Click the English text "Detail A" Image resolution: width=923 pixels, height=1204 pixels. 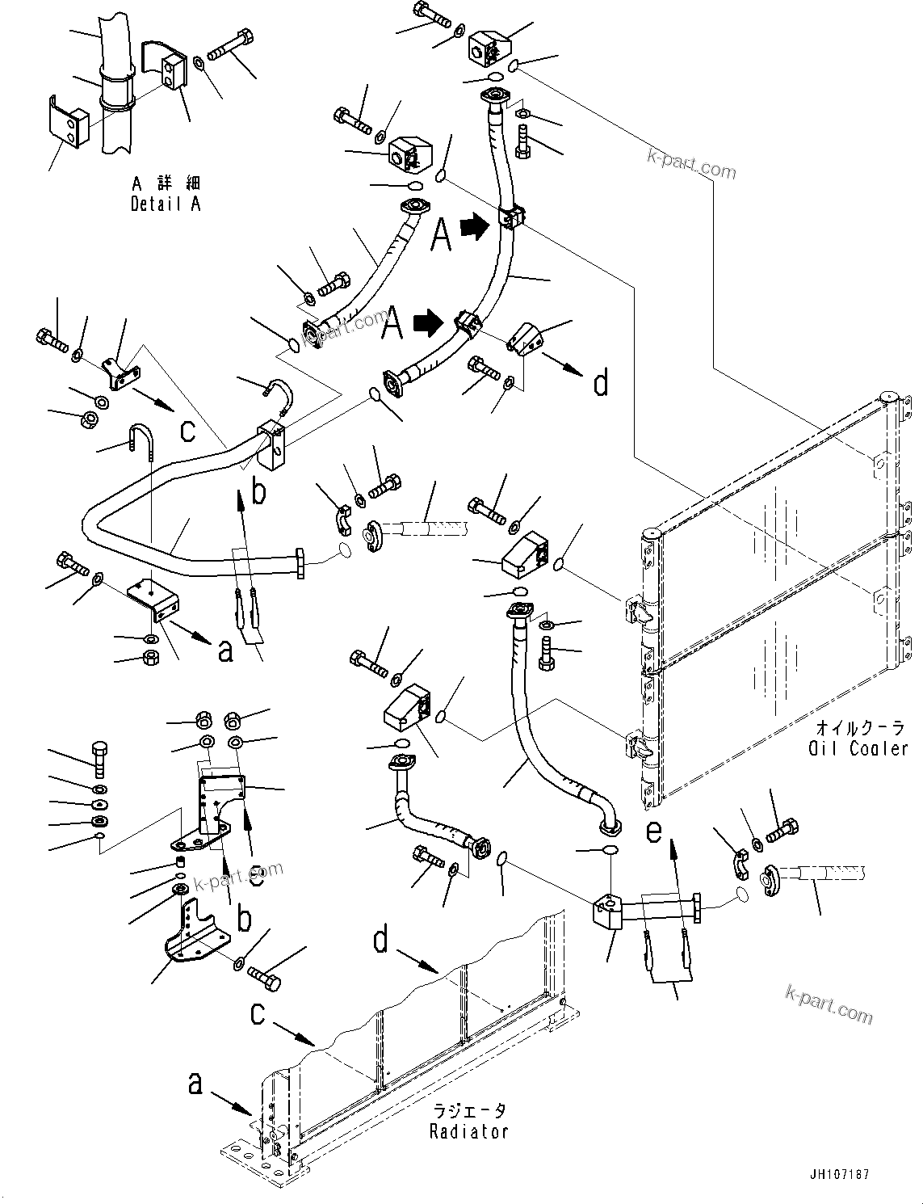pos(166,204)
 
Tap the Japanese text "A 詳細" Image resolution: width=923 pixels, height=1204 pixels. pos(166,185)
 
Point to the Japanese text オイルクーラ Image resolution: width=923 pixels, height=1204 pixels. pos(862,727)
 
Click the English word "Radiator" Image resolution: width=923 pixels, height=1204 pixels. pos(469,1131)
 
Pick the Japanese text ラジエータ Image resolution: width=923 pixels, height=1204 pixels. pos(470,1112)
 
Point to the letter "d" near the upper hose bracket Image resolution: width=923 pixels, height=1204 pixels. pos(601,382)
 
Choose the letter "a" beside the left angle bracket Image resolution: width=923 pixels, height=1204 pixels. pos(225,650)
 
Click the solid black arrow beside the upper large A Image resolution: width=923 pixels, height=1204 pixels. pos(475,227)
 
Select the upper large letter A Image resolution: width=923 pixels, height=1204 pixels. pos(440,234)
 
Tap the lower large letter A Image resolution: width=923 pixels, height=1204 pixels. pos(393,323)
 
